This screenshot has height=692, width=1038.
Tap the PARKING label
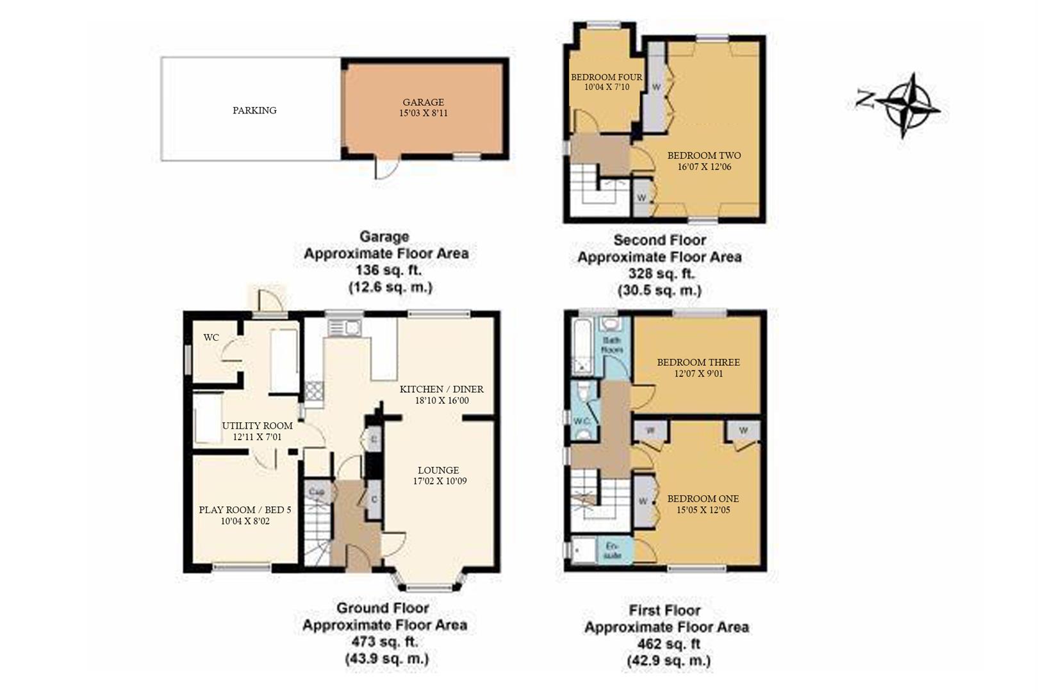pyautogui.click(x=254, y=110)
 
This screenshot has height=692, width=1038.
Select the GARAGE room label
pyautogui.click(x=423, y=102)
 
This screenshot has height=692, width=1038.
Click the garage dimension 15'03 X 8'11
pyautogui.click(x=423, y=113)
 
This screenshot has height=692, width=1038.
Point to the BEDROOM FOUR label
pyautogui.click(x=606, y=77)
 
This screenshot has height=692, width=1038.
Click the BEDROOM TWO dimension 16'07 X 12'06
pyautogui.click(x=704, y=167)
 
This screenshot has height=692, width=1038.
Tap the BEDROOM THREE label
pyautogui.click(x=698, y=362)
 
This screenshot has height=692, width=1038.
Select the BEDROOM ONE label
pyautogui.click(x=702, y=498)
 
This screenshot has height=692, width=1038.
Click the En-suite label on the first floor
pyautogui.click(x=613, y=550)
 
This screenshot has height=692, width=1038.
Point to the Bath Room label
pyautogui.click(x=611, y=345)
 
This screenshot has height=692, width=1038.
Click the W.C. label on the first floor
pyautogui.click(x=582, y=421)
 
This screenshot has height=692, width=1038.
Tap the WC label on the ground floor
pyautogui.click(x=211, y=338)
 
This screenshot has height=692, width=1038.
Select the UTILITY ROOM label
pyautogui.click(x=257, y=425)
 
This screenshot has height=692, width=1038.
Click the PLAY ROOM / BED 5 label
pyautogui.click(x=245, y=510)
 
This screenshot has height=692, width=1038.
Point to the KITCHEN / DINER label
pyautogui.click(x=441, y=389)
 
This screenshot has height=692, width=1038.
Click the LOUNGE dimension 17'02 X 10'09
pyautogui.click(x=440, y=481)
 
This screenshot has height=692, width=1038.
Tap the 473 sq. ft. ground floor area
pyautogui.click(x=384, y=641)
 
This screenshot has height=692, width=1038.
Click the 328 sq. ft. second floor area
pyautogui.click(x=659, y=274)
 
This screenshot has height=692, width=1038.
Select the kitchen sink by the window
pyautogui.click(x=345, y=328)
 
